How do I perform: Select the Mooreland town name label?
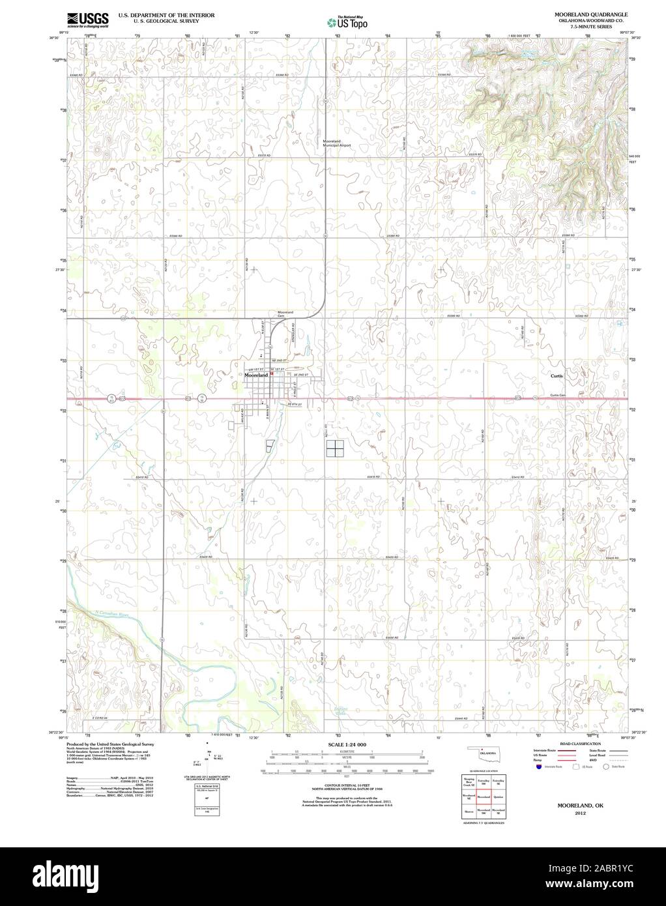[x=257, y=376]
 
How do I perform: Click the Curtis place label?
[x=556, y=376]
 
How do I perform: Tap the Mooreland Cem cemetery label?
[x=285, y=314]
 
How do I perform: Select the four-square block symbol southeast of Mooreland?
[x=334, y=448]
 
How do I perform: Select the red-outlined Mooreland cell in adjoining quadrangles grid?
[x=483, y=796]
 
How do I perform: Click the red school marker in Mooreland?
[x=272, y=373]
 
